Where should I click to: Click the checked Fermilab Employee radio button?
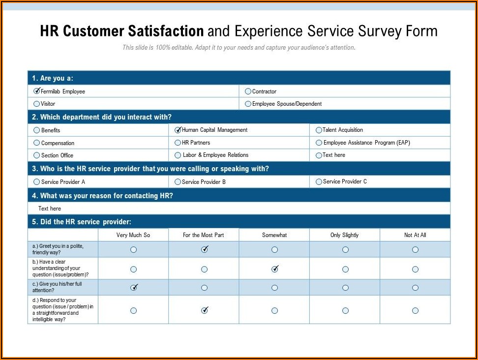(37, 91)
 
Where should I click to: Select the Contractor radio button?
(248, 91)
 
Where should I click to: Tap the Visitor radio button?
(37, 104)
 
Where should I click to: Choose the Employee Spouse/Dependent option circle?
(248, 104)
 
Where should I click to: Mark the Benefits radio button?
(37, 130)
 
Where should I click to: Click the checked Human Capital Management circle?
(178, 130)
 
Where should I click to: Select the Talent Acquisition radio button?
(319, 130)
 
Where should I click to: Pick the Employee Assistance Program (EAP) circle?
(319, 143)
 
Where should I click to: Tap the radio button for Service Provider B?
(178, 182)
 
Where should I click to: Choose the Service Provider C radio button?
(319, 182)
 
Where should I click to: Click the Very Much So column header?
(133, 235)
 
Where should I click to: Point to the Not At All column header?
(415, 235)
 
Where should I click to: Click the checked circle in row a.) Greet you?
(205, 250)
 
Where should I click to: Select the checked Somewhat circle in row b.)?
(275, 269)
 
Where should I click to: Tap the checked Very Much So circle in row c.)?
(134, 288)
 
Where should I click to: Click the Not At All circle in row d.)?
(416, 310)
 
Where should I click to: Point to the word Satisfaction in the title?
(166, 31)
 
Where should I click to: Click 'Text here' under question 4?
(50, 209)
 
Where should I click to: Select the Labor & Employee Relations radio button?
(178, 155)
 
